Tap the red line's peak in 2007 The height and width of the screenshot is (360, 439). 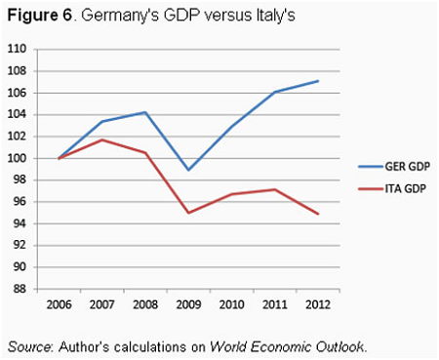(x=101, y=140)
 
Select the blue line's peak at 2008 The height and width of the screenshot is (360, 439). (x=144, y=112)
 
